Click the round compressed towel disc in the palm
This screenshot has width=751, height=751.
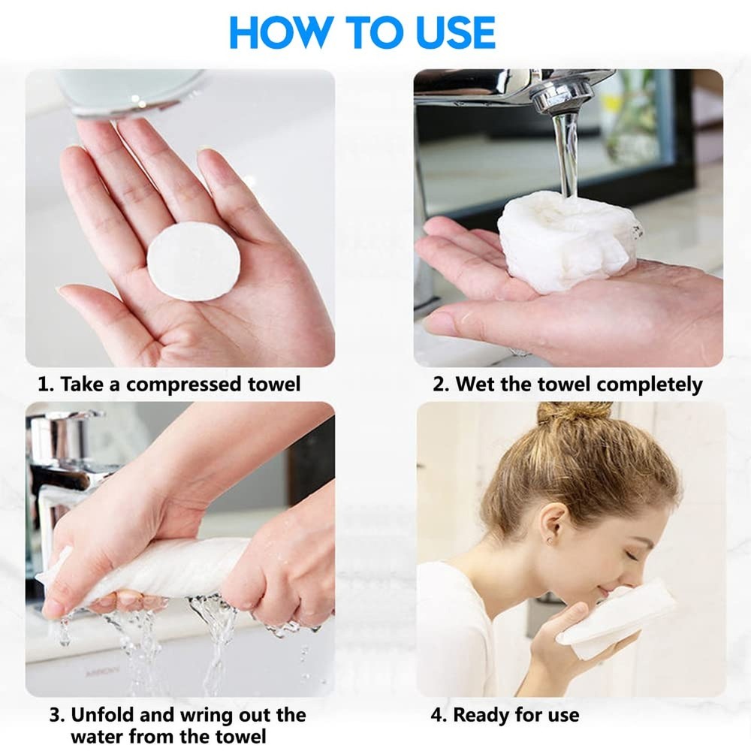(x=193, y=261)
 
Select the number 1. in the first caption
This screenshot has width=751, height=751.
(x=47, y=385)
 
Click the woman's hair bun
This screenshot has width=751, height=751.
(x=575, y=413)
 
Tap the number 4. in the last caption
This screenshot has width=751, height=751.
(x=439, y=714)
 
